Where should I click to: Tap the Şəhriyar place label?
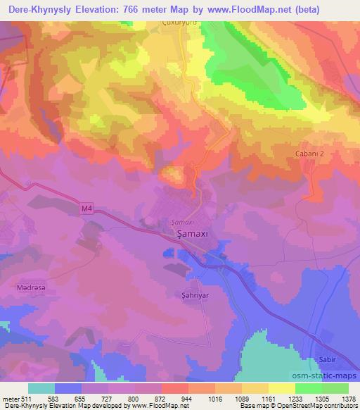pyautogui.click(x=188, y=295)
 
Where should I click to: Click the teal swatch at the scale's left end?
pyautogui.click(x=41, y=388)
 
